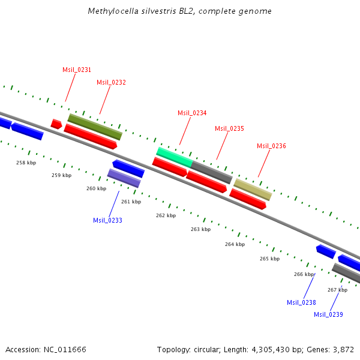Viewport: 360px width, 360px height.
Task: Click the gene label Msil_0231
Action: tap(77, 70)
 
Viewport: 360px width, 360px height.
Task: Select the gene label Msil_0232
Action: tap(111, 82)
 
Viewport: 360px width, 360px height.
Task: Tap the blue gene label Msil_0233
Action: tap(107, 220)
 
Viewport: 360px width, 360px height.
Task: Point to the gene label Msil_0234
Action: tap(192, 113)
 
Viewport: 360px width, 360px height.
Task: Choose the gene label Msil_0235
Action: tap(229, 128)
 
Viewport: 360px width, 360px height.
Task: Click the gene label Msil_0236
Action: tap(271, 146)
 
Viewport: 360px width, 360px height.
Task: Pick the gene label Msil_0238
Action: tap(301, 302)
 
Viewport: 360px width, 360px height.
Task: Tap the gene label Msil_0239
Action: tap(328, 314)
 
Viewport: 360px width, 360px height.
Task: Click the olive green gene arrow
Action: tap(95, 126)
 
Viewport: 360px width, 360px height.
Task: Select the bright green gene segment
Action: tap(174, 156)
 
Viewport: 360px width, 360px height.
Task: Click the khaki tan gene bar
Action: tap(253, 189)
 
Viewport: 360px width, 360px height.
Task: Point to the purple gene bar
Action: tap(124, 178)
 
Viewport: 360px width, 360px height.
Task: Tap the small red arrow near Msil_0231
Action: tap(56, 124)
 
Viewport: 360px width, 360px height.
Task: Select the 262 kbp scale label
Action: tap(166, 215)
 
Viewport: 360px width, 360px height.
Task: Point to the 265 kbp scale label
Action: tap(269, 259)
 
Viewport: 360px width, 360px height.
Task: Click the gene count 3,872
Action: tap(342, 349)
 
